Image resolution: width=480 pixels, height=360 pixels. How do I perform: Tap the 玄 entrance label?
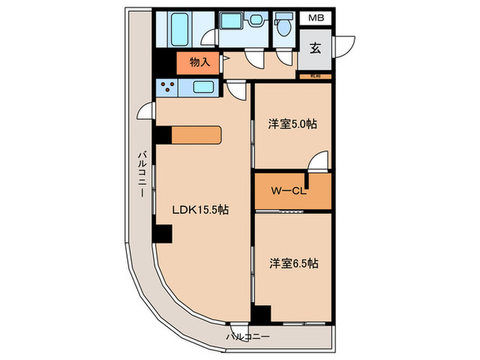click(x=315, y=48)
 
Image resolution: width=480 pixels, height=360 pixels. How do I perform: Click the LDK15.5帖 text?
click(x=200, y=211)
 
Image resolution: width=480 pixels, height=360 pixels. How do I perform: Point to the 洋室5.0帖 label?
click(x=292, y=125)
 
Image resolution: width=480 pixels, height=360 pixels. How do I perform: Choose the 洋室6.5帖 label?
click(x=293, y=263)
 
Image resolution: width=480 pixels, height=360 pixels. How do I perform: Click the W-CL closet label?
click(x=287, y=191)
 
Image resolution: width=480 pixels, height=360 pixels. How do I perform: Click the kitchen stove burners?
click(x=167, y=86)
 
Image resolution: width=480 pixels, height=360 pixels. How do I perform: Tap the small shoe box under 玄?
click(x=315, y=75)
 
